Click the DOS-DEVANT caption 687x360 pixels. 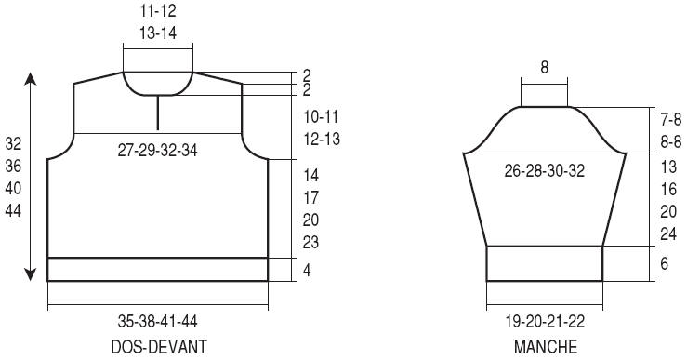pos(159,347)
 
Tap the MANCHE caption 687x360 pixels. pos(546,347)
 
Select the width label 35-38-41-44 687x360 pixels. pos(158,322)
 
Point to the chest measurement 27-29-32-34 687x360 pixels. pos(158,151)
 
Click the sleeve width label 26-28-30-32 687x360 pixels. pos(545,170)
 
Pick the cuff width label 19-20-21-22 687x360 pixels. pos(545,322)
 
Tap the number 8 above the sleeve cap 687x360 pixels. pos(544,68)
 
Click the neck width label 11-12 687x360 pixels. pos(158,11)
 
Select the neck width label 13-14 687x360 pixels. pos(158,33)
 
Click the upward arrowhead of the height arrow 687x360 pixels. pos(31,78)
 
